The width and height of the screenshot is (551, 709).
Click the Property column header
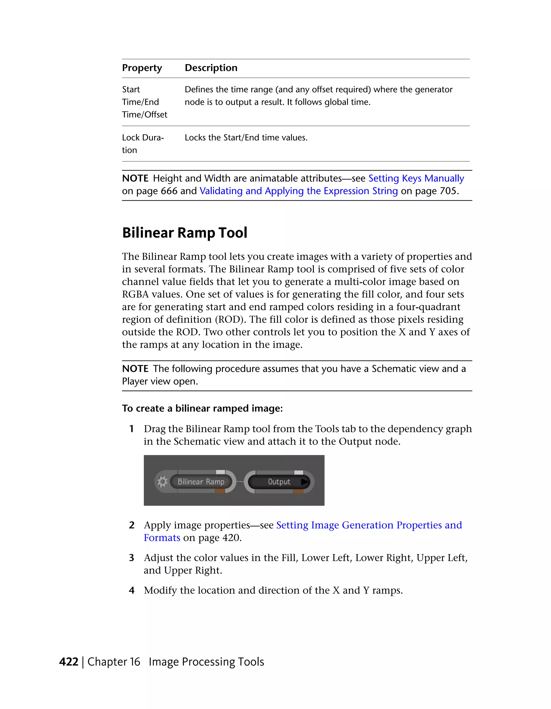(x=142, y=68)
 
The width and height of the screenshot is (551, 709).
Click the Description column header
(x=211, y=68)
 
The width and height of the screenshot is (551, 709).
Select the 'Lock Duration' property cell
(x=143, y=144)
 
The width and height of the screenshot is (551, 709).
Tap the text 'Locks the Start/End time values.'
(x=246, y=138)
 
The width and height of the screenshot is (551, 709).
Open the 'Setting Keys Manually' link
(x=416, y=178)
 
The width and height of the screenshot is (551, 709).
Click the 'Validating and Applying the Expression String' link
(x=298, y=191)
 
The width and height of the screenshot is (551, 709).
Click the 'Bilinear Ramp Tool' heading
(x=185, y=233)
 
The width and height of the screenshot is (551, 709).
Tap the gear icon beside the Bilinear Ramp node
(x=162, y=481)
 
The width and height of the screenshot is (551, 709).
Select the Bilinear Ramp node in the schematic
(x=201, y=481)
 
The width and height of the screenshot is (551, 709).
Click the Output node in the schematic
(x=279, y=481)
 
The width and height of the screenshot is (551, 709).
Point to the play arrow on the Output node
(x=305, y=482)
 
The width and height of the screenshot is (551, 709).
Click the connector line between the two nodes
(x=240, y=482)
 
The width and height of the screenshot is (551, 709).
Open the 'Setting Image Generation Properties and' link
(x=369, y=525)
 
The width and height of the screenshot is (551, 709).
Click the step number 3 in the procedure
(x=132, y=558)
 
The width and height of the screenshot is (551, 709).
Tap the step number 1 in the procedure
(x=132, y=429)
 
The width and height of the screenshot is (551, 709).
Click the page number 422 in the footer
(x=69, y=662)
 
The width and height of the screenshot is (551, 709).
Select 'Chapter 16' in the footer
(x=114, y=662)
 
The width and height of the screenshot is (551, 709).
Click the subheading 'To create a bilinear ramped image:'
(x=202, y=408)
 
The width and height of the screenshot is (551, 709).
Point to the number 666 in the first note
(x=169, y=191)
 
